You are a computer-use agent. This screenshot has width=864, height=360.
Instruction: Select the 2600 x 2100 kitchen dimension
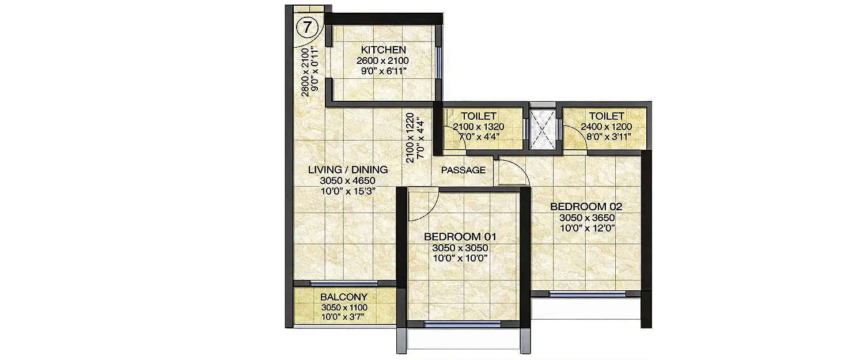(382, 61)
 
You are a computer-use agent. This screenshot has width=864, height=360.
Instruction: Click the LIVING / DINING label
(347, 170)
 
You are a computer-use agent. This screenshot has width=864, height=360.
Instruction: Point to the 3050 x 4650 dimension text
(347, 181)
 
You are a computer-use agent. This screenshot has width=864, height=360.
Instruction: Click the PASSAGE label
(463, 170)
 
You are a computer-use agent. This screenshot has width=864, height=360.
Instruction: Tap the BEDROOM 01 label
(460, 237)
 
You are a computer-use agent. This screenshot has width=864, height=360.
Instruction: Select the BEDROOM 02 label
(586, 207)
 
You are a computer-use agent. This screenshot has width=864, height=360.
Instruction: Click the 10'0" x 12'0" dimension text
(587, 229)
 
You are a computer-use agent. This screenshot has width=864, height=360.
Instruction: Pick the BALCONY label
(344, 297)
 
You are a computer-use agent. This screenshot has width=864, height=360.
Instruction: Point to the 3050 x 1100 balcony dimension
(344, 308)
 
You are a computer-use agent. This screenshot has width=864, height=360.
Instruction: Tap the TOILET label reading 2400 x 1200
(602, 116)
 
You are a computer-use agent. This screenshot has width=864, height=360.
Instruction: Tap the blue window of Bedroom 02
(586, 294)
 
